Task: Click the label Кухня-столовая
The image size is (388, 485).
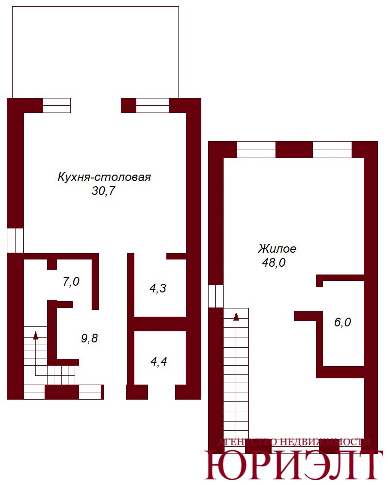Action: (104, 177)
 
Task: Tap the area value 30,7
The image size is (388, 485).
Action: (103, 191)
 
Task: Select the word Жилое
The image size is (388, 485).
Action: (277, 249)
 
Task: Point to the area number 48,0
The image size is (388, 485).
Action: (274, 262)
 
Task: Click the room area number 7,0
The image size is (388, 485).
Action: (71, 281)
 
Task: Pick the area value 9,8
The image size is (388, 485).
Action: (89, 339)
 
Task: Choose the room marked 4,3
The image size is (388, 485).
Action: (158, 289)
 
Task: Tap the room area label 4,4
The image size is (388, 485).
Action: (159, 362)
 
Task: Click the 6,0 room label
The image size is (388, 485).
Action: (342, 323)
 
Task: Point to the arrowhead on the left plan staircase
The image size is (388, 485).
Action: (35, 335)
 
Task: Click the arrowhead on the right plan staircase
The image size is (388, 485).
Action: (236, 316)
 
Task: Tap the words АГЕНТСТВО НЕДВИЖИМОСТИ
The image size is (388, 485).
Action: (293, 442)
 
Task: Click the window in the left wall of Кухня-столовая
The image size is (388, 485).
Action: (15, 241)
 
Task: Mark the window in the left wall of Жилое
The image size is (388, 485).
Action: (216, 296)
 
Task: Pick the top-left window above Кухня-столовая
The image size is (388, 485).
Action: (57, 105)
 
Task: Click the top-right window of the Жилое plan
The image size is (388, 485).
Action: (332, 150)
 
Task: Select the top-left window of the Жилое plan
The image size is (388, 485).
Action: (256, 150)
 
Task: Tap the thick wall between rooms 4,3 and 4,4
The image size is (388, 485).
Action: (160, 324)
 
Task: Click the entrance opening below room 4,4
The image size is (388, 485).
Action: (162, 392)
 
